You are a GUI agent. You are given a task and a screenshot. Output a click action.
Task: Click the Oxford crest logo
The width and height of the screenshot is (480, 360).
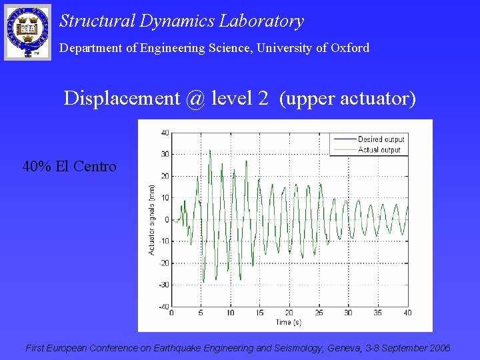[x=27, y=31]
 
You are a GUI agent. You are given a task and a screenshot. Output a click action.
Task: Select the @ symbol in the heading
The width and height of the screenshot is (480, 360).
[x=195, y=99]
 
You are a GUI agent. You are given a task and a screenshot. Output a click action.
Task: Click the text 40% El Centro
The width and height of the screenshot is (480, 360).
[x=69, y=166]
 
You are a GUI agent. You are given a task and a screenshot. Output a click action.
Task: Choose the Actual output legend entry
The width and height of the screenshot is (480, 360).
[x=379, y=149]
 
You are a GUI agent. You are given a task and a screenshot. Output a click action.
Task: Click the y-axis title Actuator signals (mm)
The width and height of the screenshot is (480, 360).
[x=152, y=219]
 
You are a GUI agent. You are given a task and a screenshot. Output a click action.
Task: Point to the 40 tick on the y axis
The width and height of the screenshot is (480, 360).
[x=165, y=132]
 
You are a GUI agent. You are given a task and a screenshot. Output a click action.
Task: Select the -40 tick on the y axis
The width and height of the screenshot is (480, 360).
[x=163, y=307]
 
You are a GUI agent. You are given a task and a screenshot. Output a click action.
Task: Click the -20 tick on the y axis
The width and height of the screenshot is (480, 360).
[x=163, y=263]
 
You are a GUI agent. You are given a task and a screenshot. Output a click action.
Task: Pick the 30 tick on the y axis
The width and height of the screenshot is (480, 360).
[x=165, y=154]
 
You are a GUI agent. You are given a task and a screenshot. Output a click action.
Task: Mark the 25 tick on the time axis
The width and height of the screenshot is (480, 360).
[x=319, y=313]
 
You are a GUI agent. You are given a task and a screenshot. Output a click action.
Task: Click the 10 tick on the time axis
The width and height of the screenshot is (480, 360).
[x=230, y=313]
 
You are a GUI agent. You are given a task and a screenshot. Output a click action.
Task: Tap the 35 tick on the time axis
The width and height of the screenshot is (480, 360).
[x=378, y=313]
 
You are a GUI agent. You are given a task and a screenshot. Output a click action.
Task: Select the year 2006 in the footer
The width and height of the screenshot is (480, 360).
[x=439, y=348]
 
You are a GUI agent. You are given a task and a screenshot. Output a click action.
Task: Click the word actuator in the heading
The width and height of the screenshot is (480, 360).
[x=375, y=99]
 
